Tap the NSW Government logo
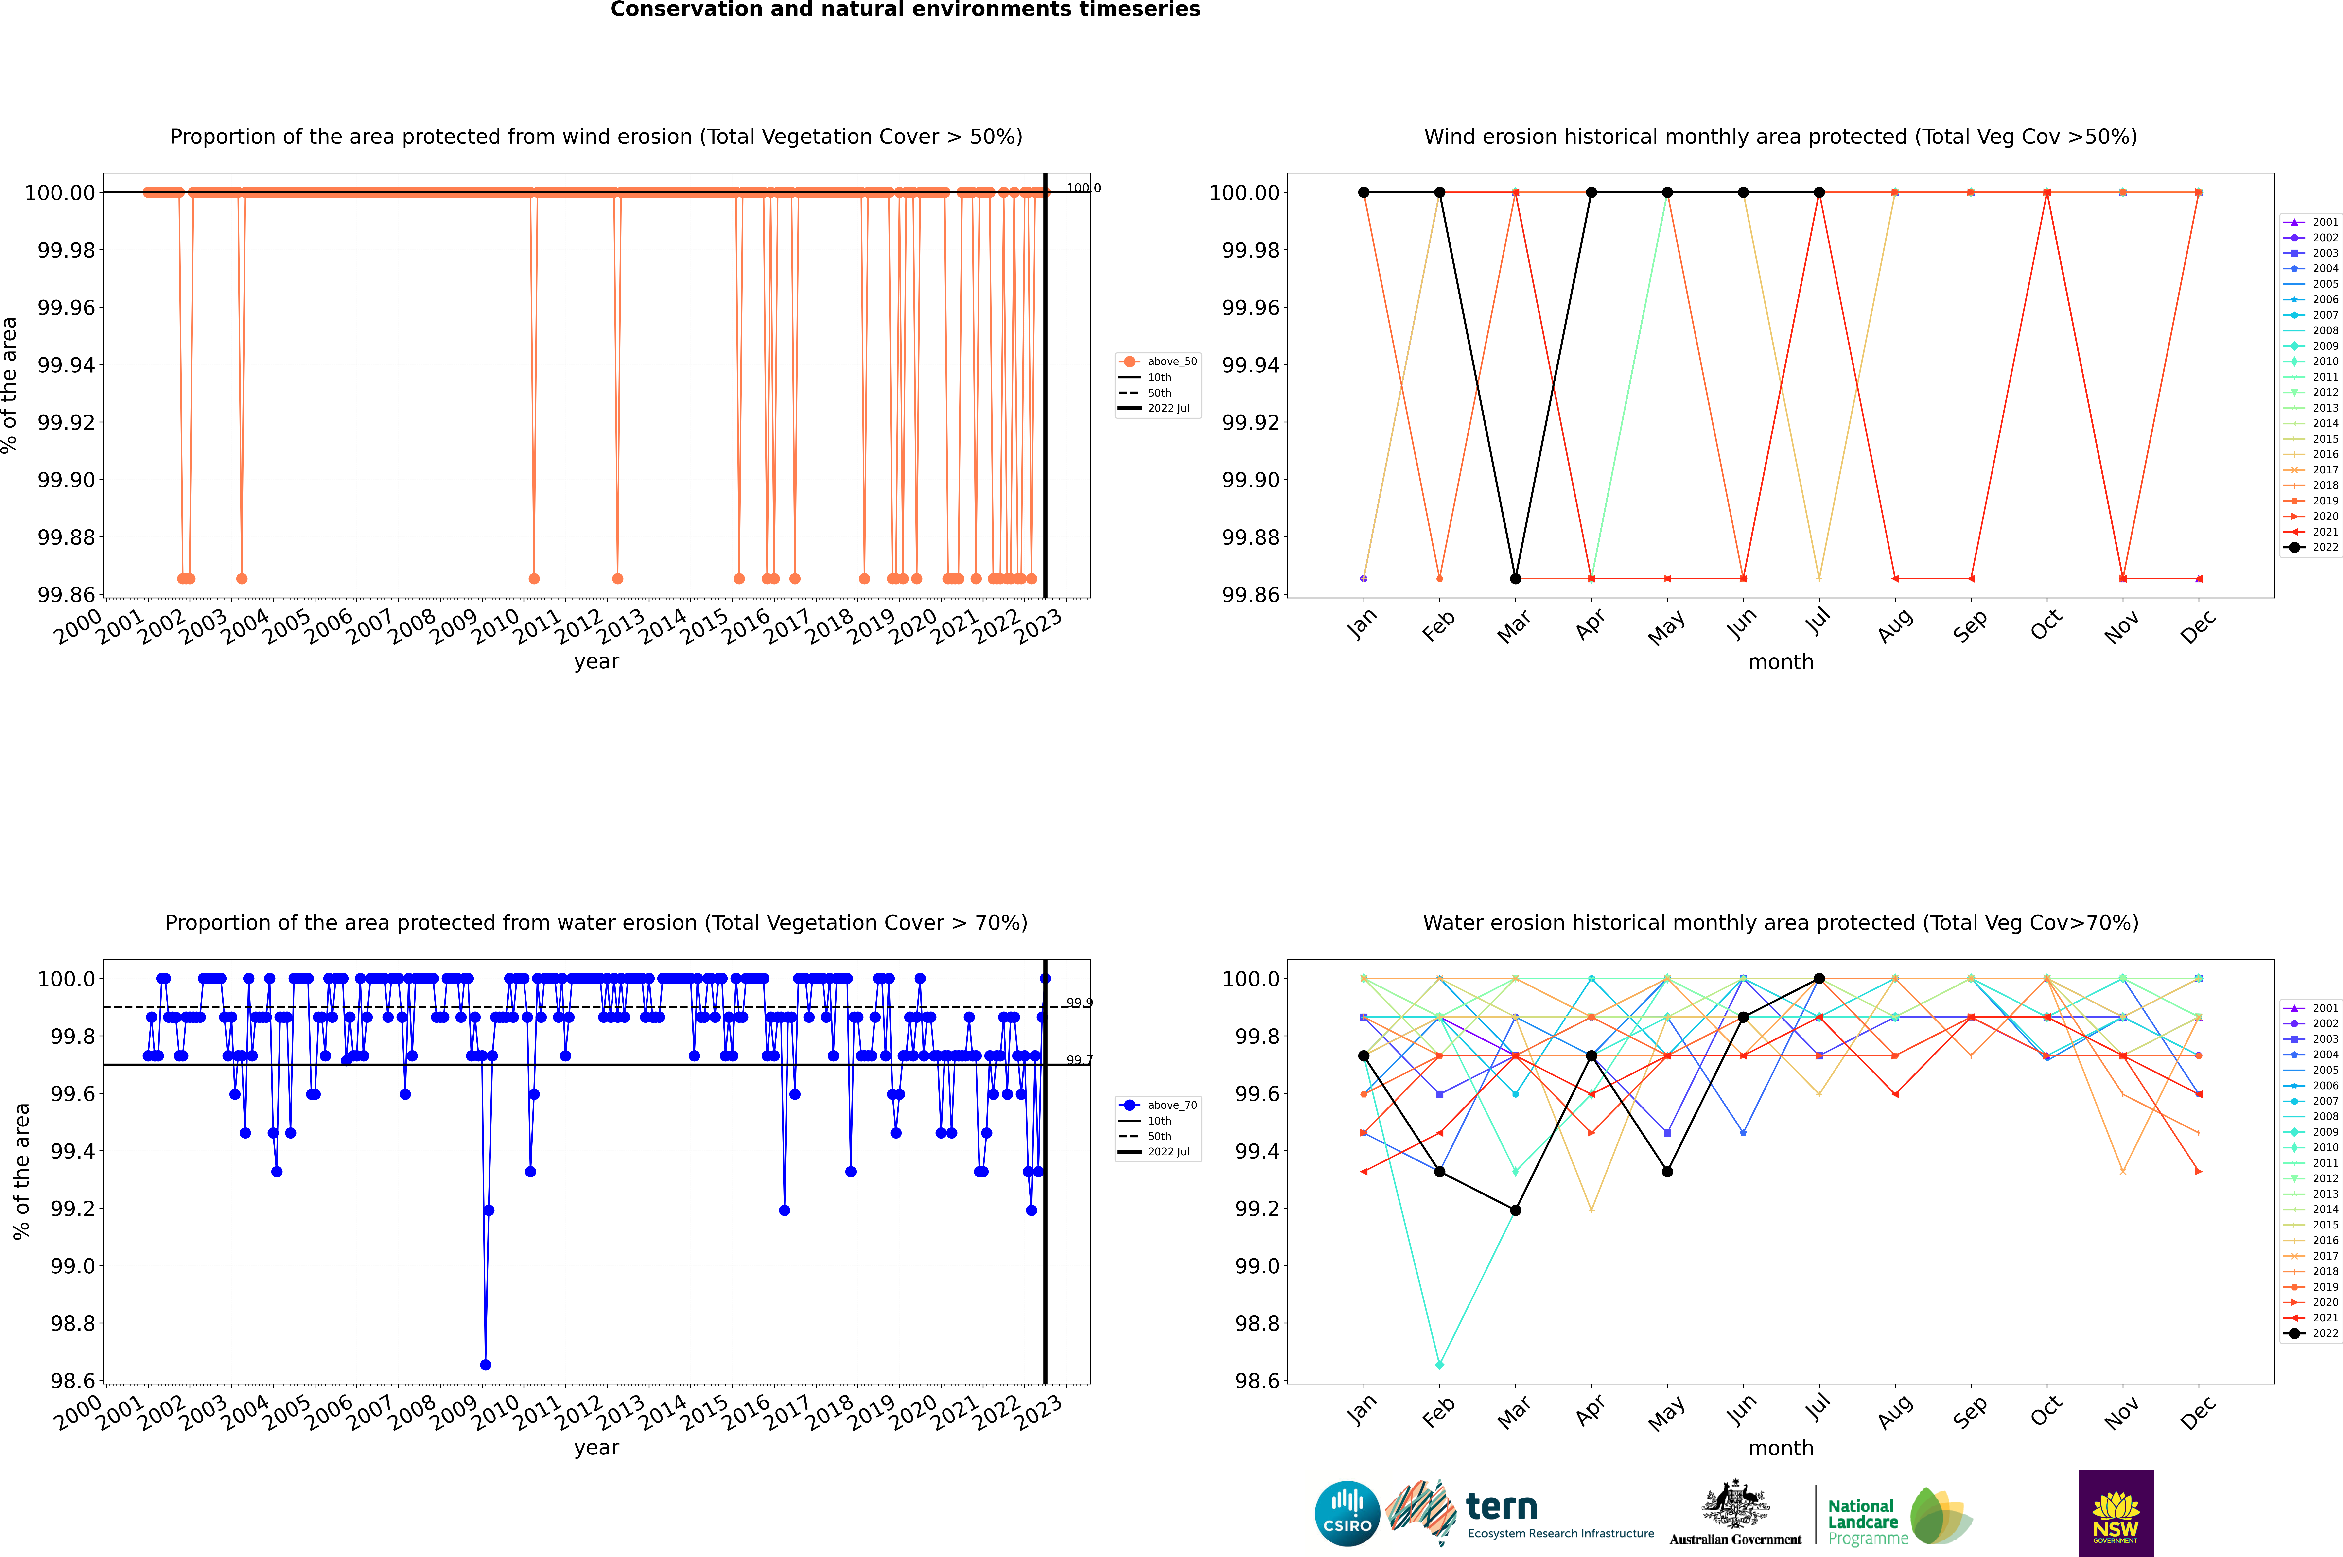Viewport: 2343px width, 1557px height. click(2116, 1513)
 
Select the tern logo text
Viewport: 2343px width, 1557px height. click(1502, 1507)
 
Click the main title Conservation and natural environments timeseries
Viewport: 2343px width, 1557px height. click(905, 10)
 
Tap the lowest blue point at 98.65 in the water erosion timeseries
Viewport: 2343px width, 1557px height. click(486, 1365)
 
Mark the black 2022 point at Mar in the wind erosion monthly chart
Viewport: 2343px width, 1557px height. click(1516, 579)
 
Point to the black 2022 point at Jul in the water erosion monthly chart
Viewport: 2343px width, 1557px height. click(1819, 979)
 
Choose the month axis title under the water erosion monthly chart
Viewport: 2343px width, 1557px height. click(1781, 1449)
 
